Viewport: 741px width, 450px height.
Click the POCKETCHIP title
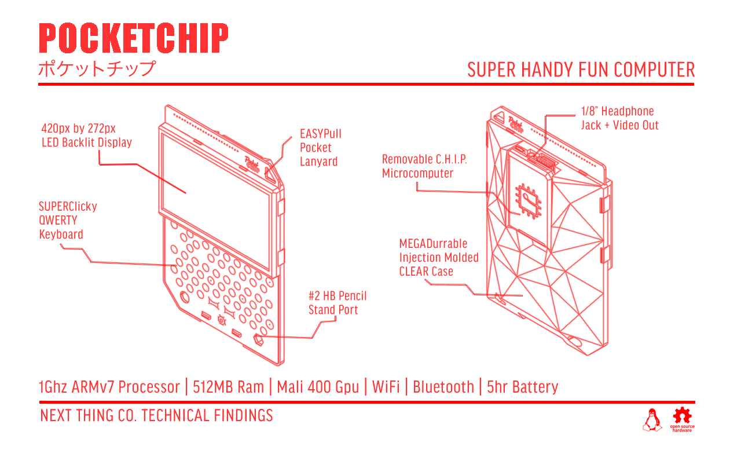pos(133,39)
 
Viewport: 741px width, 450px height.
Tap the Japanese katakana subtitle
pos(97,69)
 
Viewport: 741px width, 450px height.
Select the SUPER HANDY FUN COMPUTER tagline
pos(581,70)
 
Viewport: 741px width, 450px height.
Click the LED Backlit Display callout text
pos(86,136)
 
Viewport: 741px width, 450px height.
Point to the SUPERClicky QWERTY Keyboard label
pos(68,220)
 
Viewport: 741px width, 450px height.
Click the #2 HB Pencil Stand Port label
pos(338,303)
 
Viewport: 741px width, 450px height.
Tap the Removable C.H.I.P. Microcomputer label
pos(424,166)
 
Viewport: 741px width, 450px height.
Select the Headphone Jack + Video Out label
pos(619,118)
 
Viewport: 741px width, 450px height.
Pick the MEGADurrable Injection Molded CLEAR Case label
pos(438,257)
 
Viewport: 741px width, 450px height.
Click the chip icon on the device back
pos(527,200)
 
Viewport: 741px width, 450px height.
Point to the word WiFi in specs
pos(386,387)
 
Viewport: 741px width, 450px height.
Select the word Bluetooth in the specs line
pos(443,387)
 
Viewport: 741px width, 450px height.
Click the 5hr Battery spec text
pos(522,387)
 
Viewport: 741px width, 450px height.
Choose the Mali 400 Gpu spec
pos(318,387)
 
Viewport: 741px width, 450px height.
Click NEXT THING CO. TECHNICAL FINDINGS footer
pos(156,416)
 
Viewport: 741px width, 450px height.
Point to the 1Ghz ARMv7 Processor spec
pos(109,387)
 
